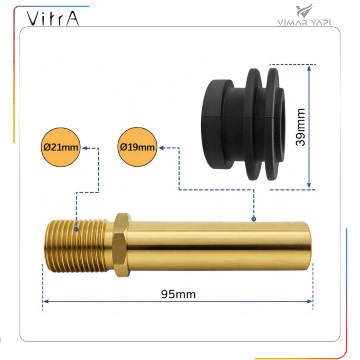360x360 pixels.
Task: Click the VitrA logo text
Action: click(53, 18)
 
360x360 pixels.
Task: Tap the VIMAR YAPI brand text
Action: click(304, 23)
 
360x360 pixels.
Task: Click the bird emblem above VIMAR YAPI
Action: click(304, 10)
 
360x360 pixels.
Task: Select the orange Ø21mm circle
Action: click(61, 147)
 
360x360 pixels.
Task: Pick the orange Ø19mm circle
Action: click(137, 147)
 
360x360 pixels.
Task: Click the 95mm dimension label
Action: click(178, 294)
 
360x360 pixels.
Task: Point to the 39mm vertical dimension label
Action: click(300, 127)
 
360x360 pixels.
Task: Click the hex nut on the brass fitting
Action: click(121, 245)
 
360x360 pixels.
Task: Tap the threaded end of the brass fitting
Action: click(76, 246)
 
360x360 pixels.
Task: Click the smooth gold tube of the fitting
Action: click(219, 246)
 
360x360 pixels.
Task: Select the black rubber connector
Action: click(243, 124)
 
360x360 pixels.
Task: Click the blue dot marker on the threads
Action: click(77, 229)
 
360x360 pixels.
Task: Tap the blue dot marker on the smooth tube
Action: click(254, 219)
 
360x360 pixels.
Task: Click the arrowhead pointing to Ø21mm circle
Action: click(85, 148)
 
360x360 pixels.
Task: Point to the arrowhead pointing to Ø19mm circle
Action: click(161, 148)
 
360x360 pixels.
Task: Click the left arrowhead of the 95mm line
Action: click(46, 301)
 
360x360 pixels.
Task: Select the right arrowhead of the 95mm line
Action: click(310, 301)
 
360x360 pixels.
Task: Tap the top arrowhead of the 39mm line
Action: click(309, 68)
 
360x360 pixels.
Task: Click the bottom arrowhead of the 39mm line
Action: click(309, 186)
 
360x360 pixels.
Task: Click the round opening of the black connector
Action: click(281, 124)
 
